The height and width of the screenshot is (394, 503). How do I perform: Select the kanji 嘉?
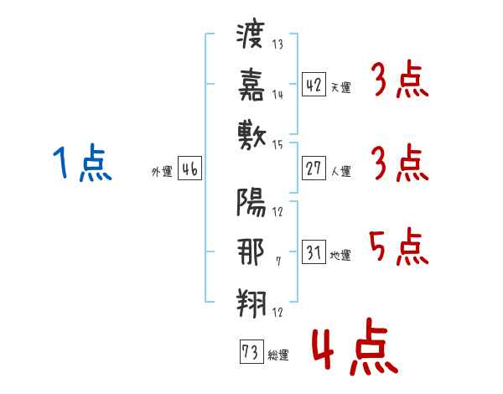point(251,84)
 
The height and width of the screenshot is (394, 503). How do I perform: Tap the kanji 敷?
point(251,132)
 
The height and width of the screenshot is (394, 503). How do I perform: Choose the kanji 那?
point(251,251)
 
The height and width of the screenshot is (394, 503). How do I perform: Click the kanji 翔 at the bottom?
point(251,300)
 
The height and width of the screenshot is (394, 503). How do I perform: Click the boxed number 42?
point(314,84)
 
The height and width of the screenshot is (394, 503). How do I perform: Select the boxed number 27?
point(314,168)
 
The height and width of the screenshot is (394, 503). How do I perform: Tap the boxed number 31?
point(314,251)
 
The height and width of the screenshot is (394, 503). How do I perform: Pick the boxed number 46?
point(189,168)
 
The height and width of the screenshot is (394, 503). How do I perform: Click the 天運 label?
point(340,86)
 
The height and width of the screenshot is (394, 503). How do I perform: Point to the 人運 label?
point(340,171)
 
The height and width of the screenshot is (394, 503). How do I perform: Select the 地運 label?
point(340,255)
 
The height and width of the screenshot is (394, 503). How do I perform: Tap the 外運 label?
point(161,171)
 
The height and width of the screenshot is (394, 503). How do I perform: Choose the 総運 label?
point(278,355)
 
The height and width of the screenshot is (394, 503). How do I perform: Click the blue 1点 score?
point(82,163)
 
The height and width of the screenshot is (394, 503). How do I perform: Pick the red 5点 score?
point(398,246)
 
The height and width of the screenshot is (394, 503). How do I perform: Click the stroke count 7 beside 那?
point(277,262)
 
